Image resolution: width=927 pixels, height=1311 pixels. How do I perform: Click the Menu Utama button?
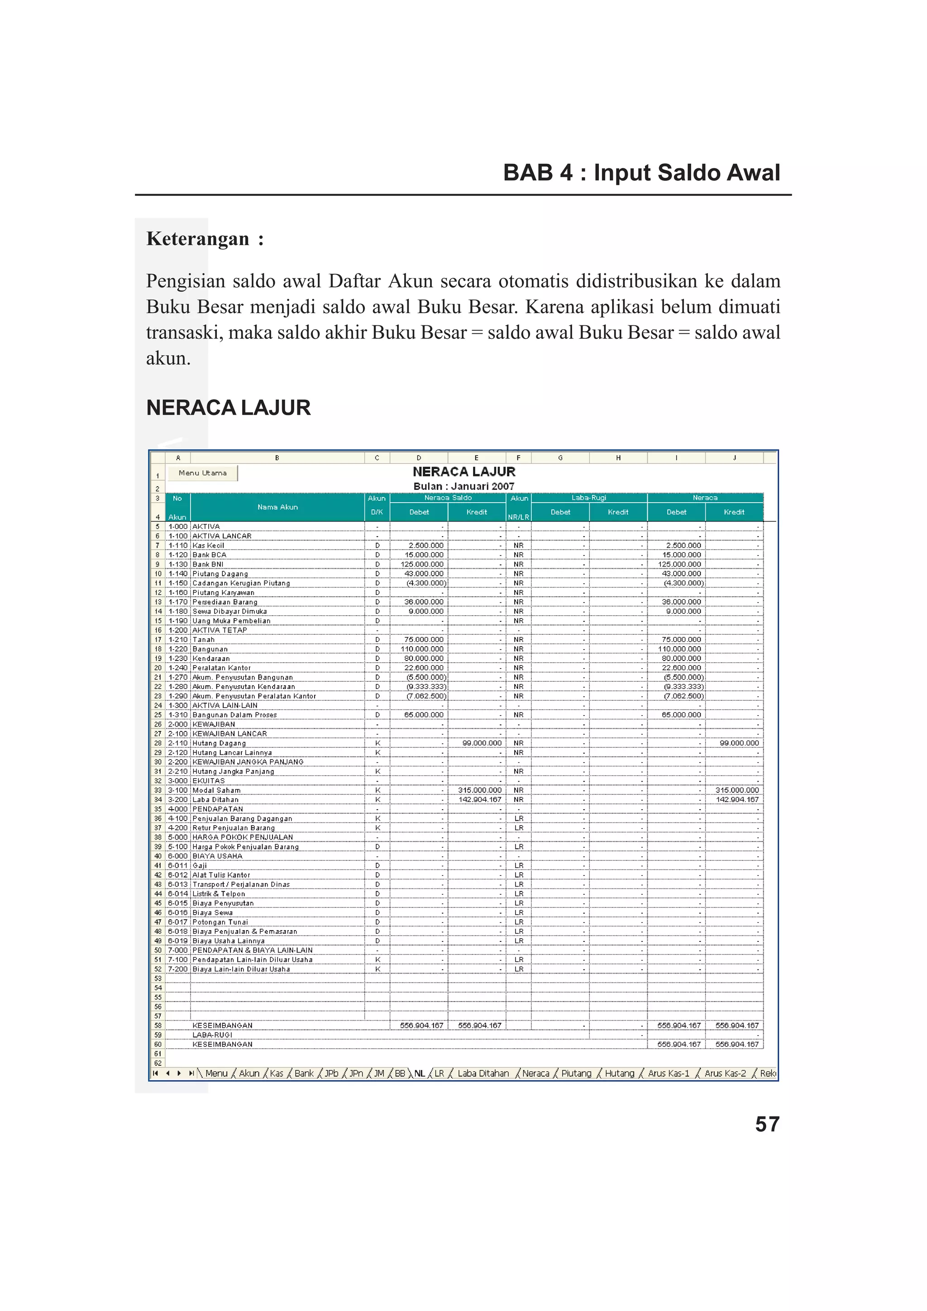pyautogui.click(x=202, y=473)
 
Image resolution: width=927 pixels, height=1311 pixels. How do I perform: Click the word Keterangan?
pyautogui.click(x=198, y=239)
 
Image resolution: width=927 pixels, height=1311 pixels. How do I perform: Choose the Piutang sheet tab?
pyautogui.click(x=576, y=1073)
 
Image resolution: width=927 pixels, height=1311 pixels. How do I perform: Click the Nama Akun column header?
pyautogui.click(x=277, y=507)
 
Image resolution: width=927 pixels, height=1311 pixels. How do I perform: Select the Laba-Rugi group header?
pyautogui.click(x=589, y=498)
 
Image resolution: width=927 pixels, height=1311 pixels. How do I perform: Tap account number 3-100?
pyautogui.click(x=177, y=790)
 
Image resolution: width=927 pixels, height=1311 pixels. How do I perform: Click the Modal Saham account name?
pyautogui.click(x=216, y=790)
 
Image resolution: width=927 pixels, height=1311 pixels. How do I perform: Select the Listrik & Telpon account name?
pyautogui.click(x=218, y=893)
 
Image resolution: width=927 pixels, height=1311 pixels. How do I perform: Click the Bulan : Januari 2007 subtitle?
pyautogui.click(x=464, y=486)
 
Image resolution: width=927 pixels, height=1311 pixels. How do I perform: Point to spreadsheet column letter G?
pyautogui.click(x=560, y=458)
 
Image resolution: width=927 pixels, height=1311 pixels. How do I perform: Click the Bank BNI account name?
pyautogui.click(x=207, y=564)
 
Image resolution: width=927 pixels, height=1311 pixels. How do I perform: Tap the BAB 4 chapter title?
pyautogui.click(x=641, y=172)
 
